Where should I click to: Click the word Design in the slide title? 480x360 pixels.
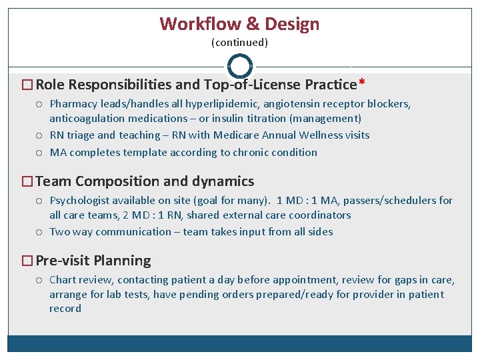[x=292, y=25]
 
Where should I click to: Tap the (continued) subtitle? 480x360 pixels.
[x=239, y=43]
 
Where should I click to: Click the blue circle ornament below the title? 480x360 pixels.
[x=240, y=66]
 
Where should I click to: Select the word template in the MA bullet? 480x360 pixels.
[x=145, y=153]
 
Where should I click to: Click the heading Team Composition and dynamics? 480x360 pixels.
[x=145, y=181]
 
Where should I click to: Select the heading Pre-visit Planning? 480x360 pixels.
[x=93, y=261]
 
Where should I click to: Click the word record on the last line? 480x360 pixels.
[x=65, y=309]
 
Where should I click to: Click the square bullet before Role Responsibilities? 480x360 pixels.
[x=27, y=85]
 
